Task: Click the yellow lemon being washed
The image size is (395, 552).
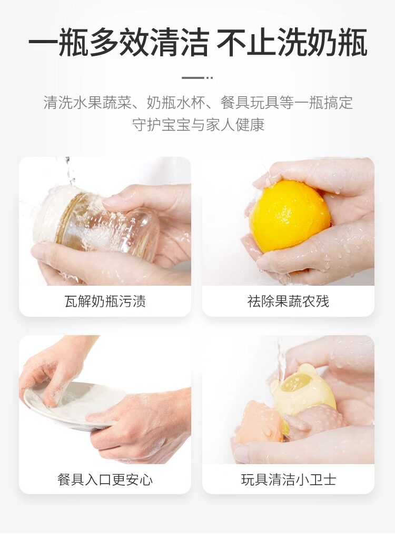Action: coord(289,216)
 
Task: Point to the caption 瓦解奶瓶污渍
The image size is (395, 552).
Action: coord(105,302)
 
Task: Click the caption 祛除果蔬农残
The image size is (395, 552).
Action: coord(288,302)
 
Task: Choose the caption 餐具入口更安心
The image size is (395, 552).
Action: coord(105,479)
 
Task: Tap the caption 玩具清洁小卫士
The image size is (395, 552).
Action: coord(288,479)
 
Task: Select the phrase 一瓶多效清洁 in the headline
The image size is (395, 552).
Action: coord(118,42)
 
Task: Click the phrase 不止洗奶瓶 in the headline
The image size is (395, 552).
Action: coord(292,42)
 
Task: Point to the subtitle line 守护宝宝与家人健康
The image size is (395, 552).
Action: coord(198,125)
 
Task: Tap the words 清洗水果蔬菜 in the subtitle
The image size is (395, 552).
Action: coord(87,103)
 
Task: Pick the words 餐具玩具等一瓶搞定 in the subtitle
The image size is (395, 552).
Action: coord(287,103)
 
